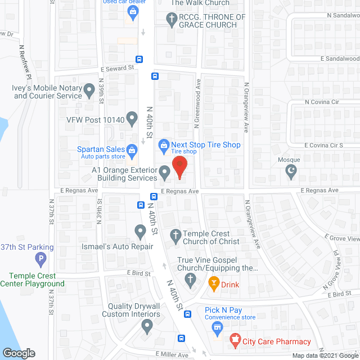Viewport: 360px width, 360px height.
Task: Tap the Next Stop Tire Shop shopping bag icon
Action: click(164, 145)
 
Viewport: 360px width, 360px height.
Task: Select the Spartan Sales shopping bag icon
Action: click(132, 149)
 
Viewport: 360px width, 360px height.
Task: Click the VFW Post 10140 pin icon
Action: click(132, 119)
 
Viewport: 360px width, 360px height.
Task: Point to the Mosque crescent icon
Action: click(291, 171)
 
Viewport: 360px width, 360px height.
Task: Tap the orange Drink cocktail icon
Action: click(213, 283)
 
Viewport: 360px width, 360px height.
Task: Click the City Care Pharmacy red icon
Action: click(235, 340)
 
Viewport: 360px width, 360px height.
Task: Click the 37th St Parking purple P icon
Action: click(40, 259)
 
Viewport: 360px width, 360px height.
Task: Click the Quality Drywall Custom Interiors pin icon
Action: click(147, 325)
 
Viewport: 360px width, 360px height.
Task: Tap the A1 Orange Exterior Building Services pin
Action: click(164, 173)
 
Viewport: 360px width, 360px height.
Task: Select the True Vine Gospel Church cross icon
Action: click(191, 279)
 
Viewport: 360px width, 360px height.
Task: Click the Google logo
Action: click(19, 353)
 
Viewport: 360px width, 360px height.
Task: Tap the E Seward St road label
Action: click(117, 67)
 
